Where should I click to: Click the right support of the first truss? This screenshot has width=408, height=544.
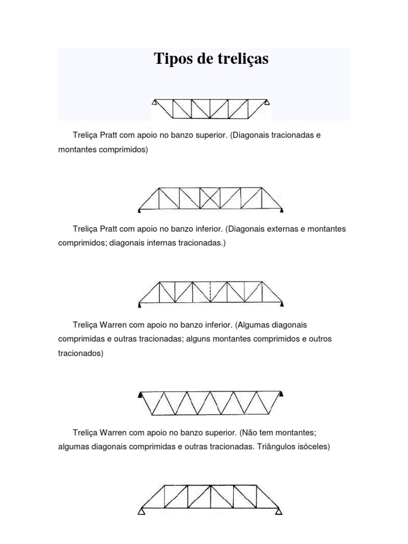coord(269,103)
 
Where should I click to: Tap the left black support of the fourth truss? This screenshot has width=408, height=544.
coord(141,394)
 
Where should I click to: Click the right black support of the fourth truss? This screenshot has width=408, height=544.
coord(281,394)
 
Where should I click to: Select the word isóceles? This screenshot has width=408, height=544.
coord(313,447)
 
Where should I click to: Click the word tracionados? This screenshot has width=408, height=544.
coord(81,353)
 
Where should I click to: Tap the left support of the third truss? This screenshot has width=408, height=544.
coord(140,304)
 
